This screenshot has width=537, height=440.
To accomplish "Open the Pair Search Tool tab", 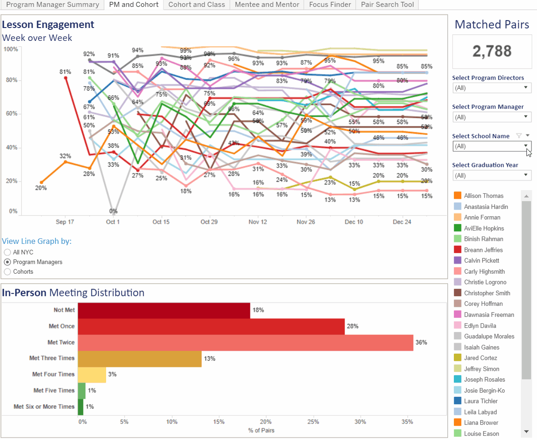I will tap(388, 5).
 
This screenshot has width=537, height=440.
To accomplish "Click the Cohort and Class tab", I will tap(197, 5).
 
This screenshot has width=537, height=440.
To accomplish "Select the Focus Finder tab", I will tap(330, 5).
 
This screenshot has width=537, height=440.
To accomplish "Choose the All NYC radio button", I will tap(7, 252).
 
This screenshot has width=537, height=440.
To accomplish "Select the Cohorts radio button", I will tap(7, 271).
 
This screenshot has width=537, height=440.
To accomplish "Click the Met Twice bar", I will tap(245, 343).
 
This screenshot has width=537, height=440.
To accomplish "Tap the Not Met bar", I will tap(164, 310).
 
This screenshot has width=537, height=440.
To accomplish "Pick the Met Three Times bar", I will tap(140, 359).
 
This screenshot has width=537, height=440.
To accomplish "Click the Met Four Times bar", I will tap(92, 375).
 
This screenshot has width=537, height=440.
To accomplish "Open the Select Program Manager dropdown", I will tap(492, 117).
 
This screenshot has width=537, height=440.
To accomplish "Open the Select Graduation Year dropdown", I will tap(492, 175).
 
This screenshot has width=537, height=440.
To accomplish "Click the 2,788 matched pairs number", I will tap(492, 51).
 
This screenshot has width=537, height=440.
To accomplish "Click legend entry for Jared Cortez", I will tap(480, 358).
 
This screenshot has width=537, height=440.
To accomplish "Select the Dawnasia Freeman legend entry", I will tap(489, 315).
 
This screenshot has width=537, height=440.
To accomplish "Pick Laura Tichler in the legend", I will tap(480, 401).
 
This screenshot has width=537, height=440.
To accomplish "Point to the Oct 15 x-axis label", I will tap(161, 222).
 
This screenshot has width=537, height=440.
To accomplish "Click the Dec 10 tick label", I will tap(354, 222).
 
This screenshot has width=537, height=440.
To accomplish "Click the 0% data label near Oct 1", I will tap(113, 211).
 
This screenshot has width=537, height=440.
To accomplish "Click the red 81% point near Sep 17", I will tap(66, 78).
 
